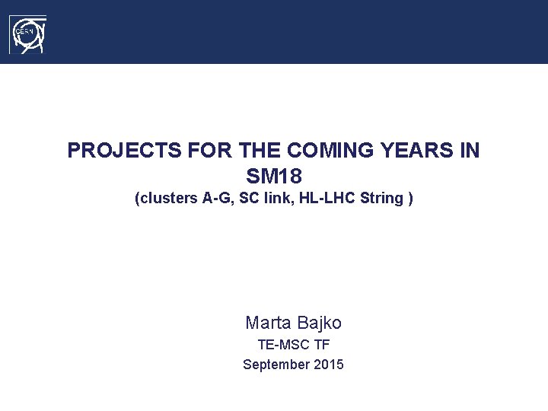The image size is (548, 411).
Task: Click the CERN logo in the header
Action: pos(28,35)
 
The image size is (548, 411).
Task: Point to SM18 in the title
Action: pos(274,177)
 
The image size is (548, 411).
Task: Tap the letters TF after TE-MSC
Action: pos(321,345)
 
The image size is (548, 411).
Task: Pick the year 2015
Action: pos(328,365)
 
